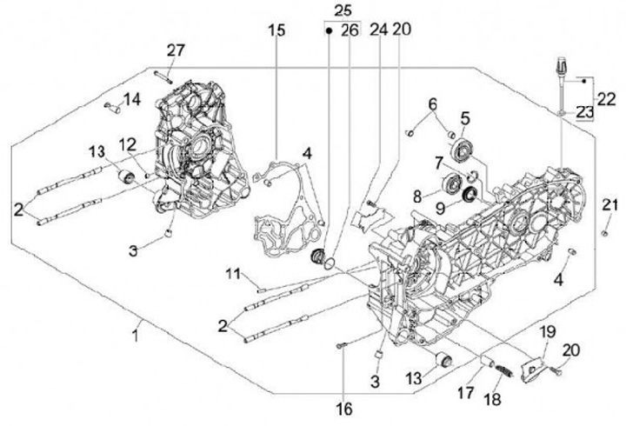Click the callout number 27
click(176, 50)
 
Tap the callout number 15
click(276, 32)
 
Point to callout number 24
click(377, 30)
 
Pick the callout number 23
click(583, 110)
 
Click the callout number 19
click(546, 331)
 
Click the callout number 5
click(465, 117)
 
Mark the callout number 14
click(131, 99)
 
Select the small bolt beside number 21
click(603, 232)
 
